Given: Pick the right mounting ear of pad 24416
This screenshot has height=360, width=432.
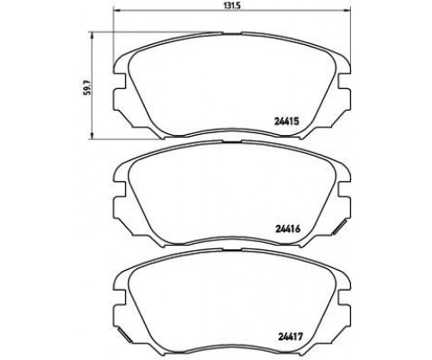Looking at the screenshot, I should point(344,194).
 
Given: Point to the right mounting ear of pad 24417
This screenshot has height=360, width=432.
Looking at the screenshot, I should point(344,300).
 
